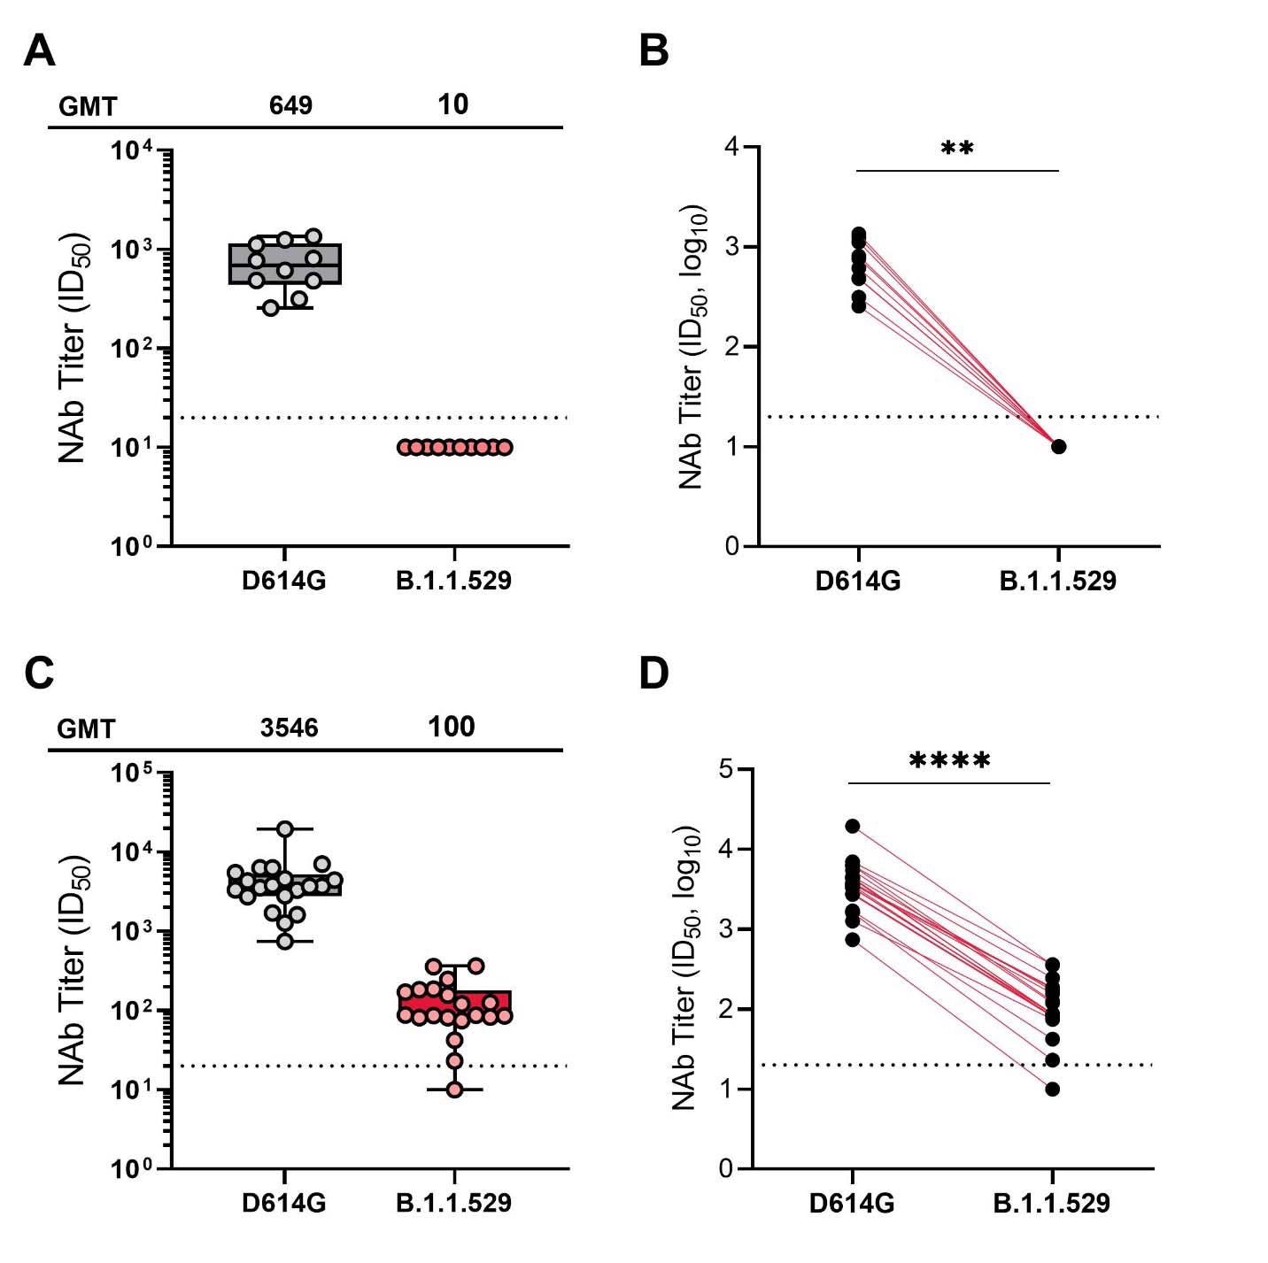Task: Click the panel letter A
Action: click(x=39, y=50)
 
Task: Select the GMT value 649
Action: click(x=290, y=105)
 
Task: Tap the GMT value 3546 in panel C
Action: click(x=289, y=728)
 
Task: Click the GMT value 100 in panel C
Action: click(x=452, y=727)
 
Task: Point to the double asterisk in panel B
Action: click(x=957, y=149)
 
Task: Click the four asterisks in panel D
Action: click(x=949, y=760)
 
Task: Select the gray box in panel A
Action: click(x=285, y=264)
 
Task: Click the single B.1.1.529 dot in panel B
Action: click(x=1059, y=446)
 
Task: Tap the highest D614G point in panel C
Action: click(x=285, y=828)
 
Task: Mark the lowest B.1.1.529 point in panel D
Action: click(x=1052, y=1089)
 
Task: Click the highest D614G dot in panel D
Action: click(x=853, y=826)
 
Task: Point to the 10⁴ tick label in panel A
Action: click(x=135, y=151)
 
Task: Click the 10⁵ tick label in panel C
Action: click(x=135, y=773)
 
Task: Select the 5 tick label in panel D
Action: click(x=728, y=769)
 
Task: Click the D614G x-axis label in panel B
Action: click(x=858, y=581)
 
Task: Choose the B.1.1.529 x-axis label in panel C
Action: click(x=453, y=1203)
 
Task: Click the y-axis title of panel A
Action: click(x=73, y=348)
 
